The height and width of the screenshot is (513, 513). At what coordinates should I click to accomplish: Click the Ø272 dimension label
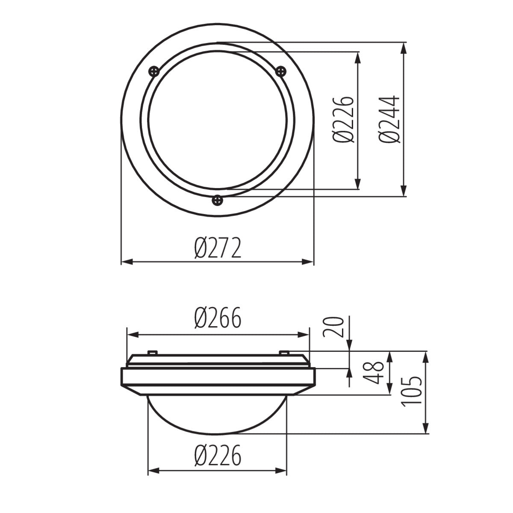(x=217, y=249)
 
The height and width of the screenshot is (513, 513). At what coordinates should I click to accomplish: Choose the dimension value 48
(x=376, y=372)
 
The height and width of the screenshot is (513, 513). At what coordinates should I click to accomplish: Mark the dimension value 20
(x=334, y=327)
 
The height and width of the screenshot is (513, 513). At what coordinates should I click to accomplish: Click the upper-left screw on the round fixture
(x=154, y=71)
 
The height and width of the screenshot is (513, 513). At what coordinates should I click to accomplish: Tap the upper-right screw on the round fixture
(x=280, y=71)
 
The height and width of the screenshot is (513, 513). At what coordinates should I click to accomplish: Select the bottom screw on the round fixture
(x=218, y=199)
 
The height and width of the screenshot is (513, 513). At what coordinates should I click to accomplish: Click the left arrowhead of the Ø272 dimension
(x=127, y=262)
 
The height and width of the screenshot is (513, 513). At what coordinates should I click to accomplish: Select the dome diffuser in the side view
(x=217, y=413)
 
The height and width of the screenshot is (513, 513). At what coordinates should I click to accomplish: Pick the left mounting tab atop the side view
(x=152, y=353)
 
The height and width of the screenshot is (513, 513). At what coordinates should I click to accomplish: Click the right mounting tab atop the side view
(x=284, y=353)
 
